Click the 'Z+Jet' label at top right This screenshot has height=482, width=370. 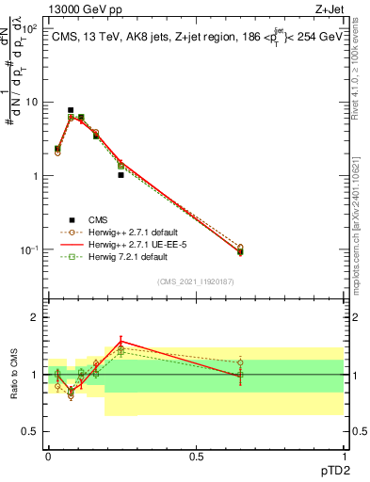tap(327, 8)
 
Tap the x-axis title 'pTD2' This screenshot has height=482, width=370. tap(327, 468)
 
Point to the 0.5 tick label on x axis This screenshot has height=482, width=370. tap(196, 456)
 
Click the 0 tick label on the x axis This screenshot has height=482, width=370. tap(48, 456)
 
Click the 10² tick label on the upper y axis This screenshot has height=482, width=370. tap(30, 28)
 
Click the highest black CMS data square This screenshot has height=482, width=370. tap(71, 110)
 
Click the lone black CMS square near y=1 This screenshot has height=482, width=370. tap(121, 175)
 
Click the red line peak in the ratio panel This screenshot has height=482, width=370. tap(121, 342)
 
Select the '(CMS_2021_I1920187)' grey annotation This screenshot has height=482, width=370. tap(195, 281)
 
